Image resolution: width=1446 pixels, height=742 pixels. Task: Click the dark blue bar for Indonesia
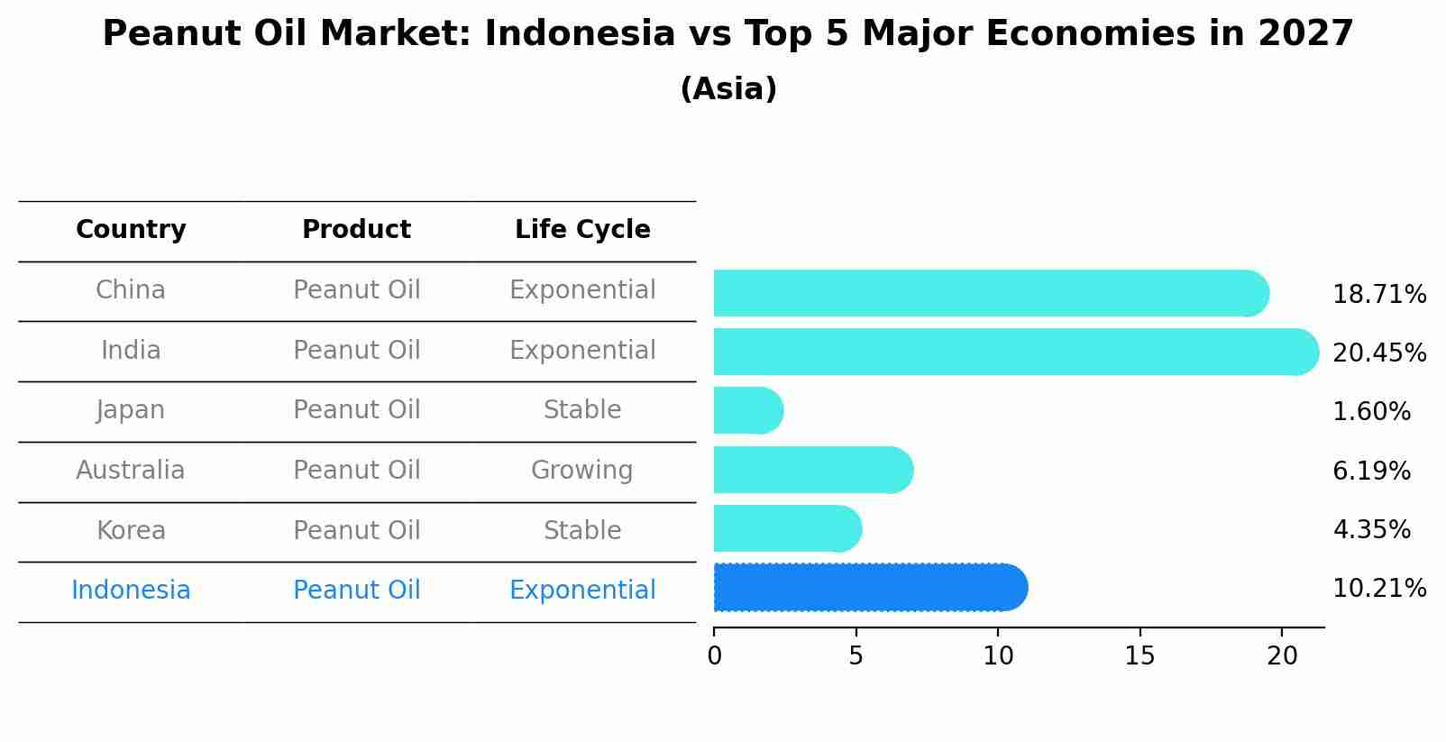(865, 588)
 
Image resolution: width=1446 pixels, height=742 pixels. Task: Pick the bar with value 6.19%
(811, 470)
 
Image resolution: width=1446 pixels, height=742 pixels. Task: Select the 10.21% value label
(1379, 589)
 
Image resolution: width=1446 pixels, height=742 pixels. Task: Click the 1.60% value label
(1371, 412)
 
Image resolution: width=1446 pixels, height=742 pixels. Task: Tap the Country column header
(131, 230)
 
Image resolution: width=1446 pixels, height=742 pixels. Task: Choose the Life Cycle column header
(582, 230)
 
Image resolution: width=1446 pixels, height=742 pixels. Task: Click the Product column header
(356, 230)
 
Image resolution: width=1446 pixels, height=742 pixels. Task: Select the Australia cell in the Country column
(131, 471)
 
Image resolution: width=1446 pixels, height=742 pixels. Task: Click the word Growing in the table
(582, 471)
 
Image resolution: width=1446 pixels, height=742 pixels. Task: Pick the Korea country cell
(131, 531)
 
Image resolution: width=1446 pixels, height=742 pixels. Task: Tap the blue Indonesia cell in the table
(131, 591)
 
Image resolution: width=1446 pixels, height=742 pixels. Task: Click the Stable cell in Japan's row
(582, 410)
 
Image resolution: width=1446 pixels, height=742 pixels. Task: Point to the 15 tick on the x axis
(1139, 656)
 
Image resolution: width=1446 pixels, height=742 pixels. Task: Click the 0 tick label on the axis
(714, 656)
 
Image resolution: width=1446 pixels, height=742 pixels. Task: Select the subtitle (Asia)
(728, 89)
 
